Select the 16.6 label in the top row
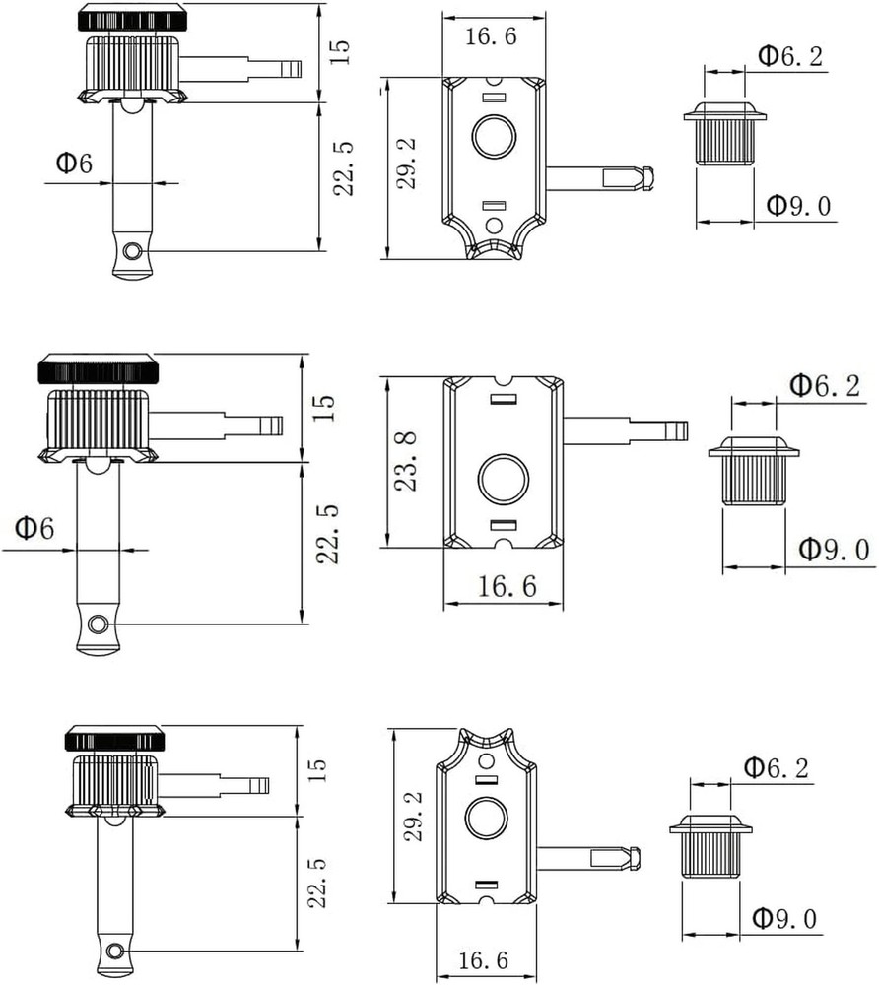point(491,38)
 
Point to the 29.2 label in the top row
point(408,163)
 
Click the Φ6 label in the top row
point(74,164)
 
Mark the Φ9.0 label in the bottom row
point(784,919)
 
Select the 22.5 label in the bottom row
point(315,882)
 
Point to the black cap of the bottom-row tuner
point(114,738)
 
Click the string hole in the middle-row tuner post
point(97,624)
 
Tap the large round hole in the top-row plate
point(493,137)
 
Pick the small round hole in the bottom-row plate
point(485,761)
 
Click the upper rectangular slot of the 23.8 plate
point(503,399)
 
